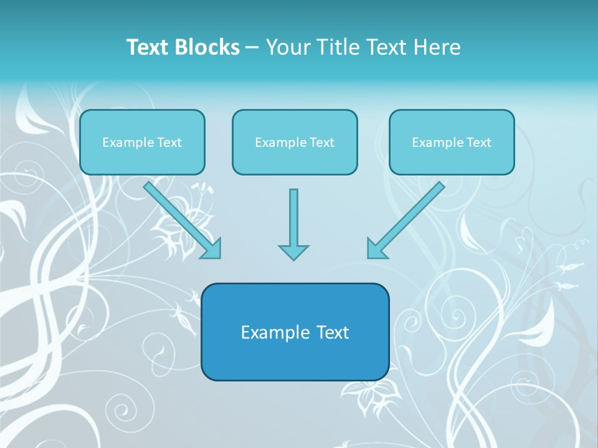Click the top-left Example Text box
(142, 142)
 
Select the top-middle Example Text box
(295, 142)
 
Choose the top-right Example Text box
(452, 142)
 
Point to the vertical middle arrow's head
(293, 252)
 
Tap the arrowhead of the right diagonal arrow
(376, 249)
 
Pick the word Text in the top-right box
(478, 142)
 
